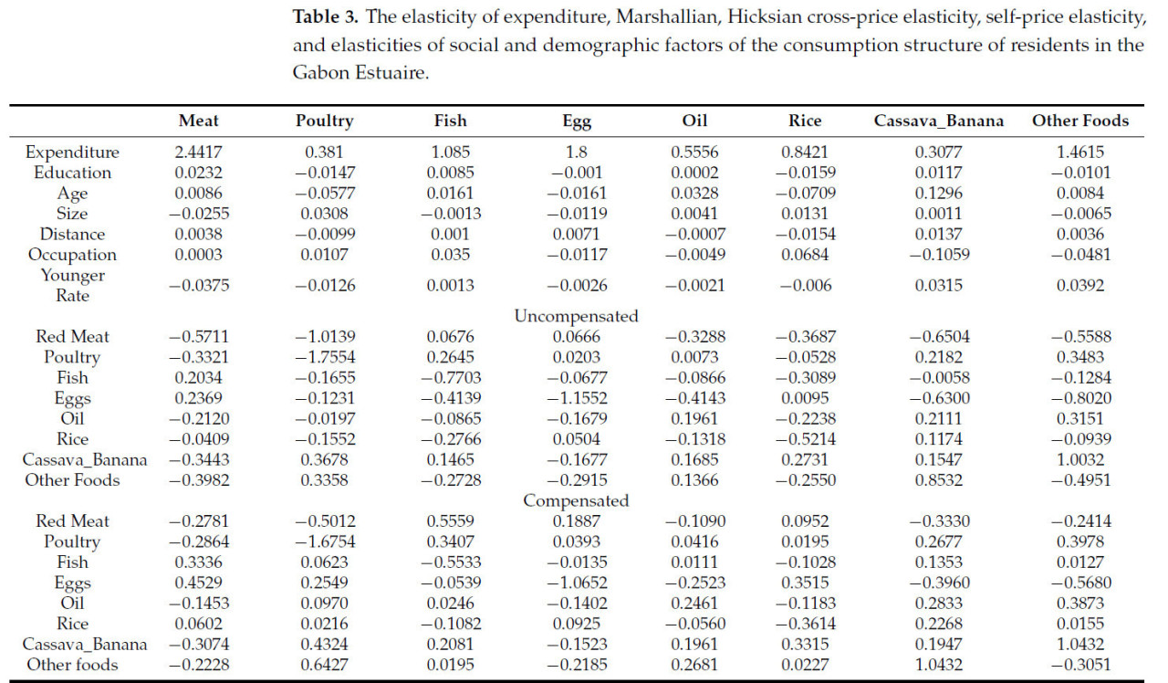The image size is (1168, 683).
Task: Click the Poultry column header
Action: [324, 121]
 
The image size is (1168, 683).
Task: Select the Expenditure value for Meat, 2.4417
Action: [199, 152]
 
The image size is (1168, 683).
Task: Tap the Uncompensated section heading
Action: [576, 316]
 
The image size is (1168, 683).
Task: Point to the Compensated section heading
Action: [576, 500]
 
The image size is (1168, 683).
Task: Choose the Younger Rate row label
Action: [72, 285]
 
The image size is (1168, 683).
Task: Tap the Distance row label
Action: [72, 234]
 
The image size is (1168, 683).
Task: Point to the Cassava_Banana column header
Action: [937, 121]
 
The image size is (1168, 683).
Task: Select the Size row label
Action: [72, 214]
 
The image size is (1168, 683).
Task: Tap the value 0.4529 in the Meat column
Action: [199, 583]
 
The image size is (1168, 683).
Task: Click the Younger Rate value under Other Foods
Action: [1079, 285]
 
